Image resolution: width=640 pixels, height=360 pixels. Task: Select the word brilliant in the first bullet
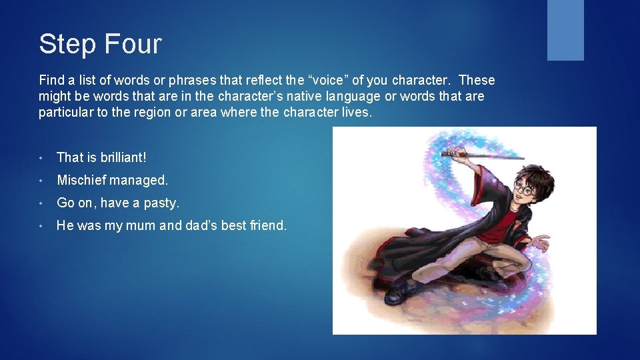(x=123, y=157)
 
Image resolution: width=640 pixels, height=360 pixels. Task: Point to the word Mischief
(x=81, y=180)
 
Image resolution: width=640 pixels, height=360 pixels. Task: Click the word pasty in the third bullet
(x=163, y=203)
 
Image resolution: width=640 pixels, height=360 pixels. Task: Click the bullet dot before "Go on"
(x=42, y=203)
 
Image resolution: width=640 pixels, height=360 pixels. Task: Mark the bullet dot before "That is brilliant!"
(x=42, y=158)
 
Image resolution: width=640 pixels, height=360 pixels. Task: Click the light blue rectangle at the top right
(x=565, y=30)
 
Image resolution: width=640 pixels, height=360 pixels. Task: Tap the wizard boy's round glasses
(x=525, y=189)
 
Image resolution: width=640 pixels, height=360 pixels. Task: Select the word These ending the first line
(x=477, y=80)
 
